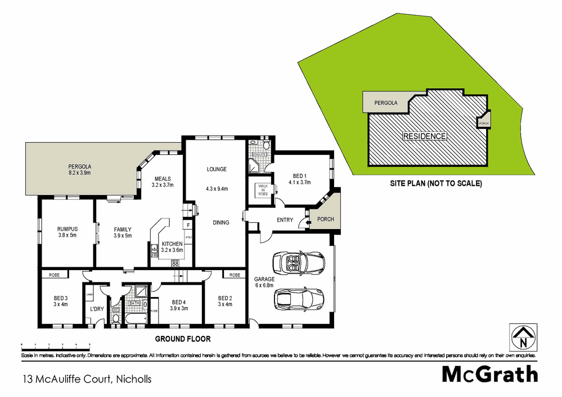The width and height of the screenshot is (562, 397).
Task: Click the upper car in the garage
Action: (x=298, y=262)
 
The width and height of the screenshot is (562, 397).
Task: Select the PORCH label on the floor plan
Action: (x=326, y=219)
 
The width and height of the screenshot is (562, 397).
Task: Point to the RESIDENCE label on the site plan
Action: (x=425, y=136)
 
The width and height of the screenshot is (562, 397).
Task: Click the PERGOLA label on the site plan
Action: (x=386, y=103)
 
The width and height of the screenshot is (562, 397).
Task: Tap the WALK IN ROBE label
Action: (x=263, y=190)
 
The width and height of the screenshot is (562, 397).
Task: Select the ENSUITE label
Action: (x=259, y=153)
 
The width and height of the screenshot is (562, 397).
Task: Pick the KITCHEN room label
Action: (x=172, y=244)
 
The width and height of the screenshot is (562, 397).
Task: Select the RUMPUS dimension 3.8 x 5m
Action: (x=67, y=235)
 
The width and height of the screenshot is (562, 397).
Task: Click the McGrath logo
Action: (x=489, y=374)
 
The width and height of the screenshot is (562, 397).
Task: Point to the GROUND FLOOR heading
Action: (x=183, y=339)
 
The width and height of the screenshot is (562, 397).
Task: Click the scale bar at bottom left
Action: (x=55, y=344)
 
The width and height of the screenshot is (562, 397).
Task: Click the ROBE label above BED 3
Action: (x=55, y=275)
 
